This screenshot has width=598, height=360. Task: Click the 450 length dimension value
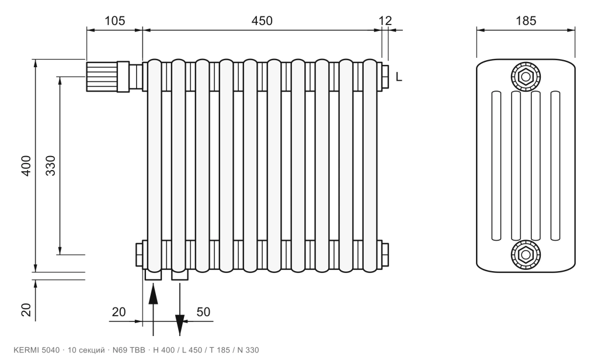click(x=262, y=20)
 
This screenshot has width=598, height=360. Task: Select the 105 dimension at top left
click(x=115, y=20)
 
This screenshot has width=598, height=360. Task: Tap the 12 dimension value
click(x=385, y=20)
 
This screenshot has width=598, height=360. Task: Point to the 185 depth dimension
click(x=526, y=20)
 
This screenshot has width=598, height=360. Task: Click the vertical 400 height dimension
click(x=26, y=165)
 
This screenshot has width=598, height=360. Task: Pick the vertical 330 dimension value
click(x=50, y=165)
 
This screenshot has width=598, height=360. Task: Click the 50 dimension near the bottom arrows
click(x=203, y=312)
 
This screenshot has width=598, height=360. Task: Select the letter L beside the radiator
click(x=398, y=77)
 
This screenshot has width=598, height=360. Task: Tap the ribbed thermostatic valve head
click(x=102, y=77)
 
